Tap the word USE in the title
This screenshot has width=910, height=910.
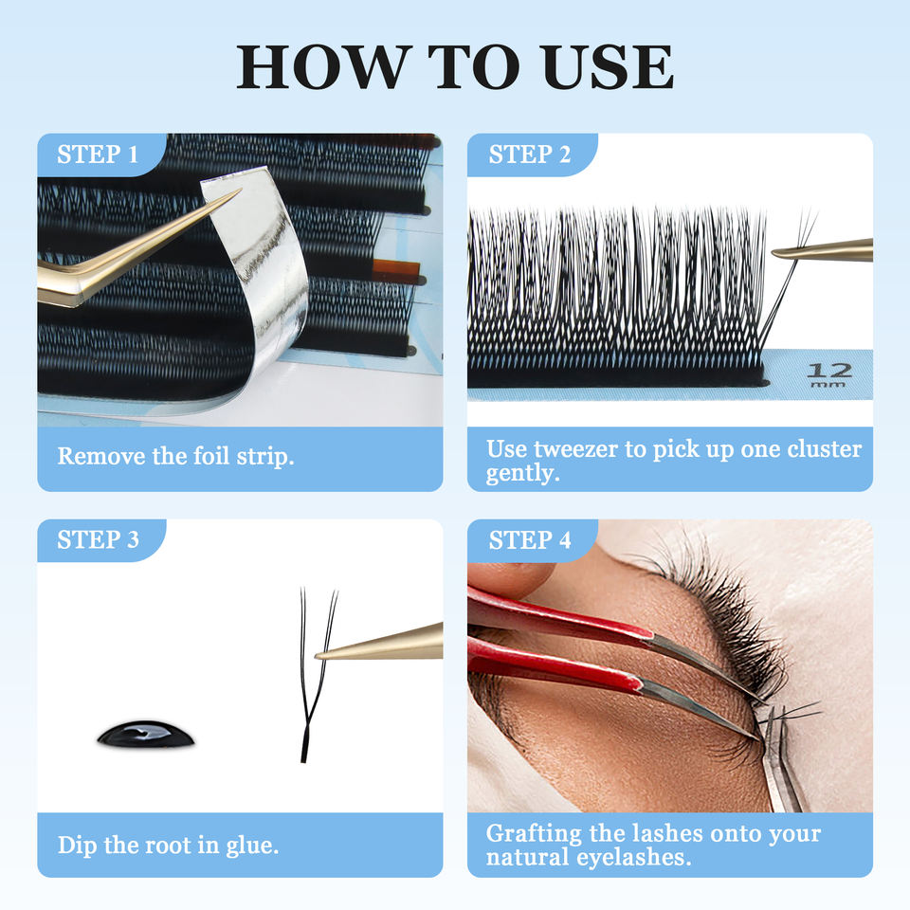tap(607, 66)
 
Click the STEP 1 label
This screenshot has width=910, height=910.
tap(98, 155)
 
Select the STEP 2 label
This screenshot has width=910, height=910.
tap(529, 155)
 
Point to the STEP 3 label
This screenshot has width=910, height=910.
tap(98, 539)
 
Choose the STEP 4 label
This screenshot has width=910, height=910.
tap(529, 540)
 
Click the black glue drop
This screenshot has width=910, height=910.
tap(146, 734)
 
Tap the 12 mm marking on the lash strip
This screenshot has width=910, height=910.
tap(830, 375)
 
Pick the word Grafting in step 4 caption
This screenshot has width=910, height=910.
tap(534, 834)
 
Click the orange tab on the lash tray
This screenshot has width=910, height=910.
tap(396, 271)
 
